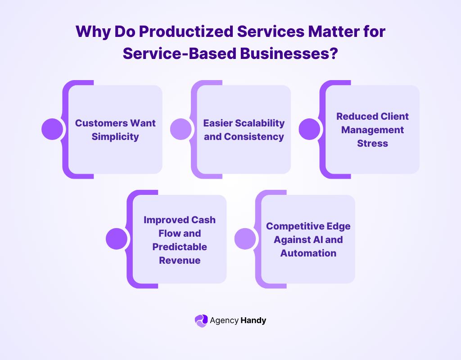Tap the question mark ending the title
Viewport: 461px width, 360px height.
coord(334,53)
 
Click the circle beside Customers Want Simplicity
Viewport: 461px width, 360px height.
coord(52,129)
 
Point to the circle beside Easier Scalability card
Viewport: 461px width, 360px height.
coord(181,129)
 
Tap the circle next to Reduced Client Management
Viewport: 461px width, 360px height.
coord(310,129)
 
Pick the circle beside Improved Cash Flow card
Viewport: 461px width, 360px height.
coord(117,238)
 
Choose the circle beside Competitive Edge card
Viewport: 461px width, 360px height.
coord(245,238)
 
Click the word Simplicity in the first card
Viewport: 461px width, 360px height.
coord(115,136)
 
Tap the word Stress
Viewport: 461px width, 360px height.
coord(372,143)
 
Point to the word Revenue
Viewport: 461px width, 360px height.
coord(180,260)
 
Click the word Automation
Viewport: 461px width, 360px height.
coord(308,253)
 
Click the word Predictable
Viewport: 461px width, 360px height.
coord(180,247)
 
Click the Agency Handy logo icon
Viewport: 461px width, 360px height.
coord(201,320)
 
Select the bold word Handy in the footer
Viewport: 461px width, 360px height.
coord(253,320)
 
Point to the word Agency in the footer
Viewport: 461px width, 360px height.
coord(223,320)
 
